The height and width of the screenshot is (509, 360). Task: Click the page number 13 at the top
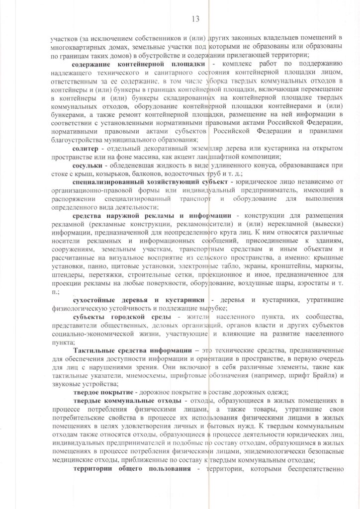point(195,19)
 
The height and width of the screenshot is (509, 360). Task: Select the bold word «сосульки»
point(89,165)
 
